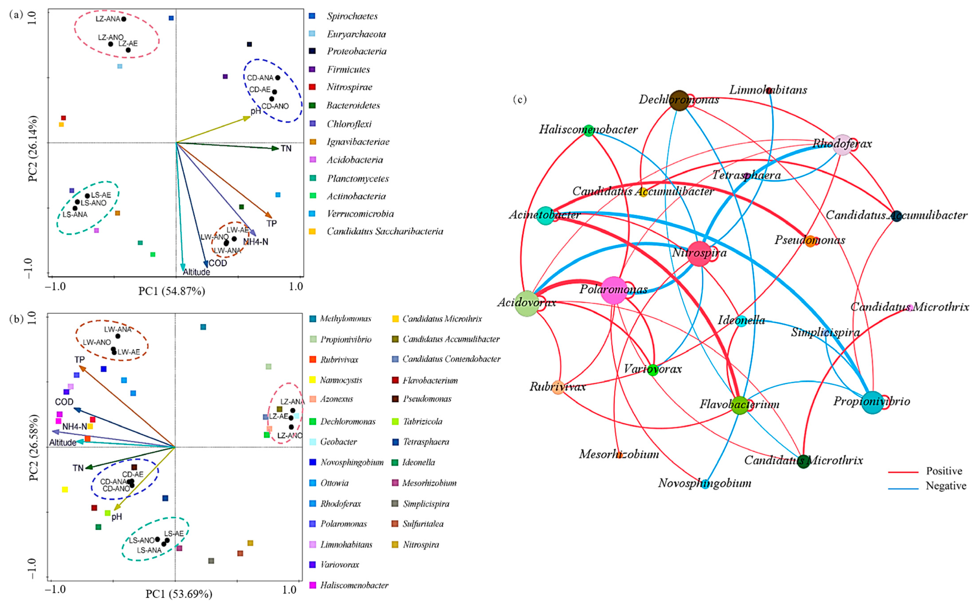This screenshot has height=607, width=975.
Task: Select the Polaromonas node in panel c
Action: (x=614, y=290)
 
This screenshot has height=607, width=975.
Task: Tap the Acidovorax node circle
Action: (x=527, y=303)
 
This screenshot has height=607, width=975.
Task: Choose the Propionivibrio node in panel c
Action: (x=872, y=402)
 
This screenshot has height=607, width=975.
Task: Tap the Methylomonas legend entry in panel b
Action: (x=345, y=319)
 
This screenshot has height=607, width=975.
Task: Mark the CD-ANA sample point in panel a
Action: (x=277, y=77)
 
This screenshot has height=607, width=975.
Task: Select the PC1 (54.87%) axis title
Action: (x=172, y=291)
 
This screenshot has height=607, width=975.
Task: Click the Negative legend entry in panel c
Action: (x=946, y=486)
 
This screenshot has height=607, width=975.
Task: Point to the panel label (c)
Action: (x=520, y=99)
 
